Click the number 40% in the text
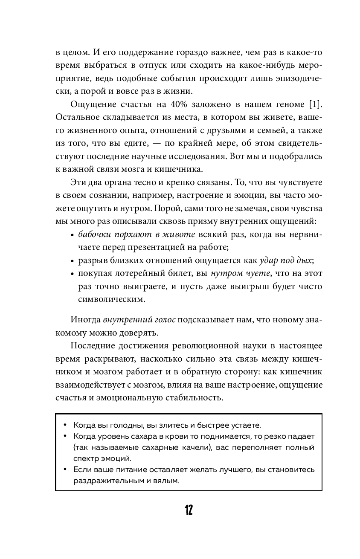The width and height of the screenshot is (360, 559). tap(169, 105)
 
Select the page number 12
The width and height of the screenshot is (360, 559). tap(189, 510)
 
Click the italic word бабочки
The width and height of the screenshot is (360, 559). tap(92, 235)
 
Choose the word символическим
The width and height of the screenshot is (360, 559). tap(111, 299)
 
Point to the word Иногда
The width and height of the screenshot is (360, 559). tap(83, 320)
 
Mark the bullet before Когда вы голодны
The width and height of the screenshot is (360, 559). tap(65, 425)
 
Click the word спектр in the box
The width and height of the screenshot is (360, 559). tap(87, 459)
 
